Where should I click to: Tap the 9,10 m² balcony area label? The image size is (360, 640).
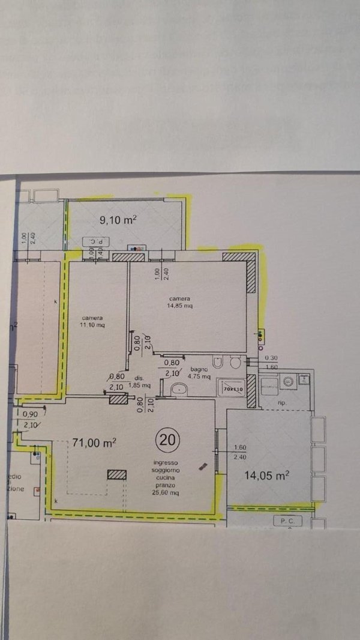[x=118, y=220]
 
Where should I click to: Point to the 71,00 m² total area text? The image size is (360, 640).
[x=94, y=443]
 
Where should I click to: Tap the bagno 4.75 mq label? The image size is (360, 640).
[x=200, y=373]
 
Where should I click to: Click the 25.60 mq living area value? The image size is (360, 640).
[x=167, y=492]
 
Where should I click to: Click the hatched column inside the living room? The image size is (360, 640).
[x=117, y=474]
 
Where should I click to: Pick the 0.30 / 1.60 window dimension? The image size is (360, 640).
[x=271, y=361]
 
